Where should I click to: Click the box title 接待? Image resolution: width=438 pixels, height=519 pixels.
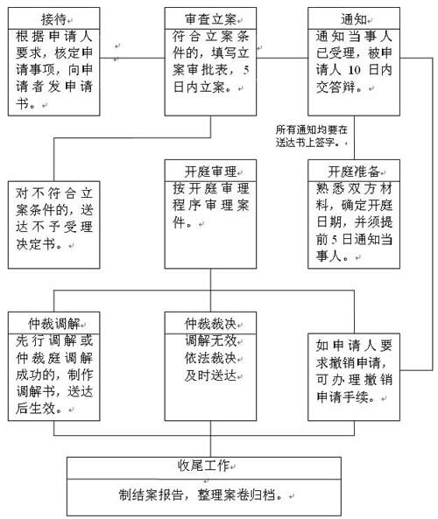[x=53, y=19]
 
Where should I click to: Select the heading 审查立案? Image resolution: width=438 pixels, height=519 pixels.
[x=210, y=19]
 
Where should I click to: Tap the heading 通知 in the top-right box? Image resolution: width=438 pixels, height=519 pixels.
[x=354, y=19]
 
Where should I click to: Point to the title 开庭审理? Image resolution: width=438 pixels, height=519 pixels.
[x=210, y=172]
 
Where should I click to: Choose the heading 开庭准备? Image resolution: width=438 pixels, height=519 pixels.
[x=354, y=172]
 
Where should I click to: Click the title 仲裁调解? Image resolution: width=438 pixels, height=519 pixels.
[x=54, y=323]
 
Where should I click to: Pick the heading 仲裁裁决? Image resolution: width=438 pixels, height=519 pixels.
[x=210, y=323]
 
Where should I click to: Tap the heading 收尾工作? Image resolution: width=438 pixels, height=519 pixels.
[x=203, y=466]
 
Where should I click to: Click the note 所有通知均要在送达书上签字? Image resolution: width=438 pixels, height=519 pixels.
[x=311, y=136]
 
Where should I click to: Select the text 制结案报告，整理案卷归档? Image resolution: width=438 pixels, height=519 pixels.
[x=201, y=494]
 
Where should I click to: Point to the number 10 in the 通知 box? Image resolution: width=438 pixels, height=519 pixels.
[x=354, y=70]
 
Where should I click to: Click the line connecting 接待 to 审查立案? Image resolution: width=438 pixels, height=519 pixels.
[x=132, y=59]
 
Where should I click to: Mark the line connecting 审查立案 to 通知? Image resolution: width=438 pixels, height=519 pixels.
[x=282, y=59]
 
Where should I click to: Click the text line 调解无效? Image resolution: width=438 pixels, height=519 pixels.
[x=211, y=340]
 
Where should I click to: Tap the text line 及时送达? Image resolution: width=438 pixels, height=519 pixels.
[x=211, y=375]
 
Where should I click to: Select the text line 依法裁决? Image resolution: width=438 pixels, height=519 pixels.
[x=211, y=358]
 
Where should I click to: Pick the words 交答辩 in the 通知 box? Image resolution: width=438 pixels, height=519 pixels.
[x=336, y=88]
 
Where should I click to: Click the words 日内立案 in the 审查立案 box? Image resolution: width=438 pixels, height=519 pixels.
[x=199, y=88]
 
